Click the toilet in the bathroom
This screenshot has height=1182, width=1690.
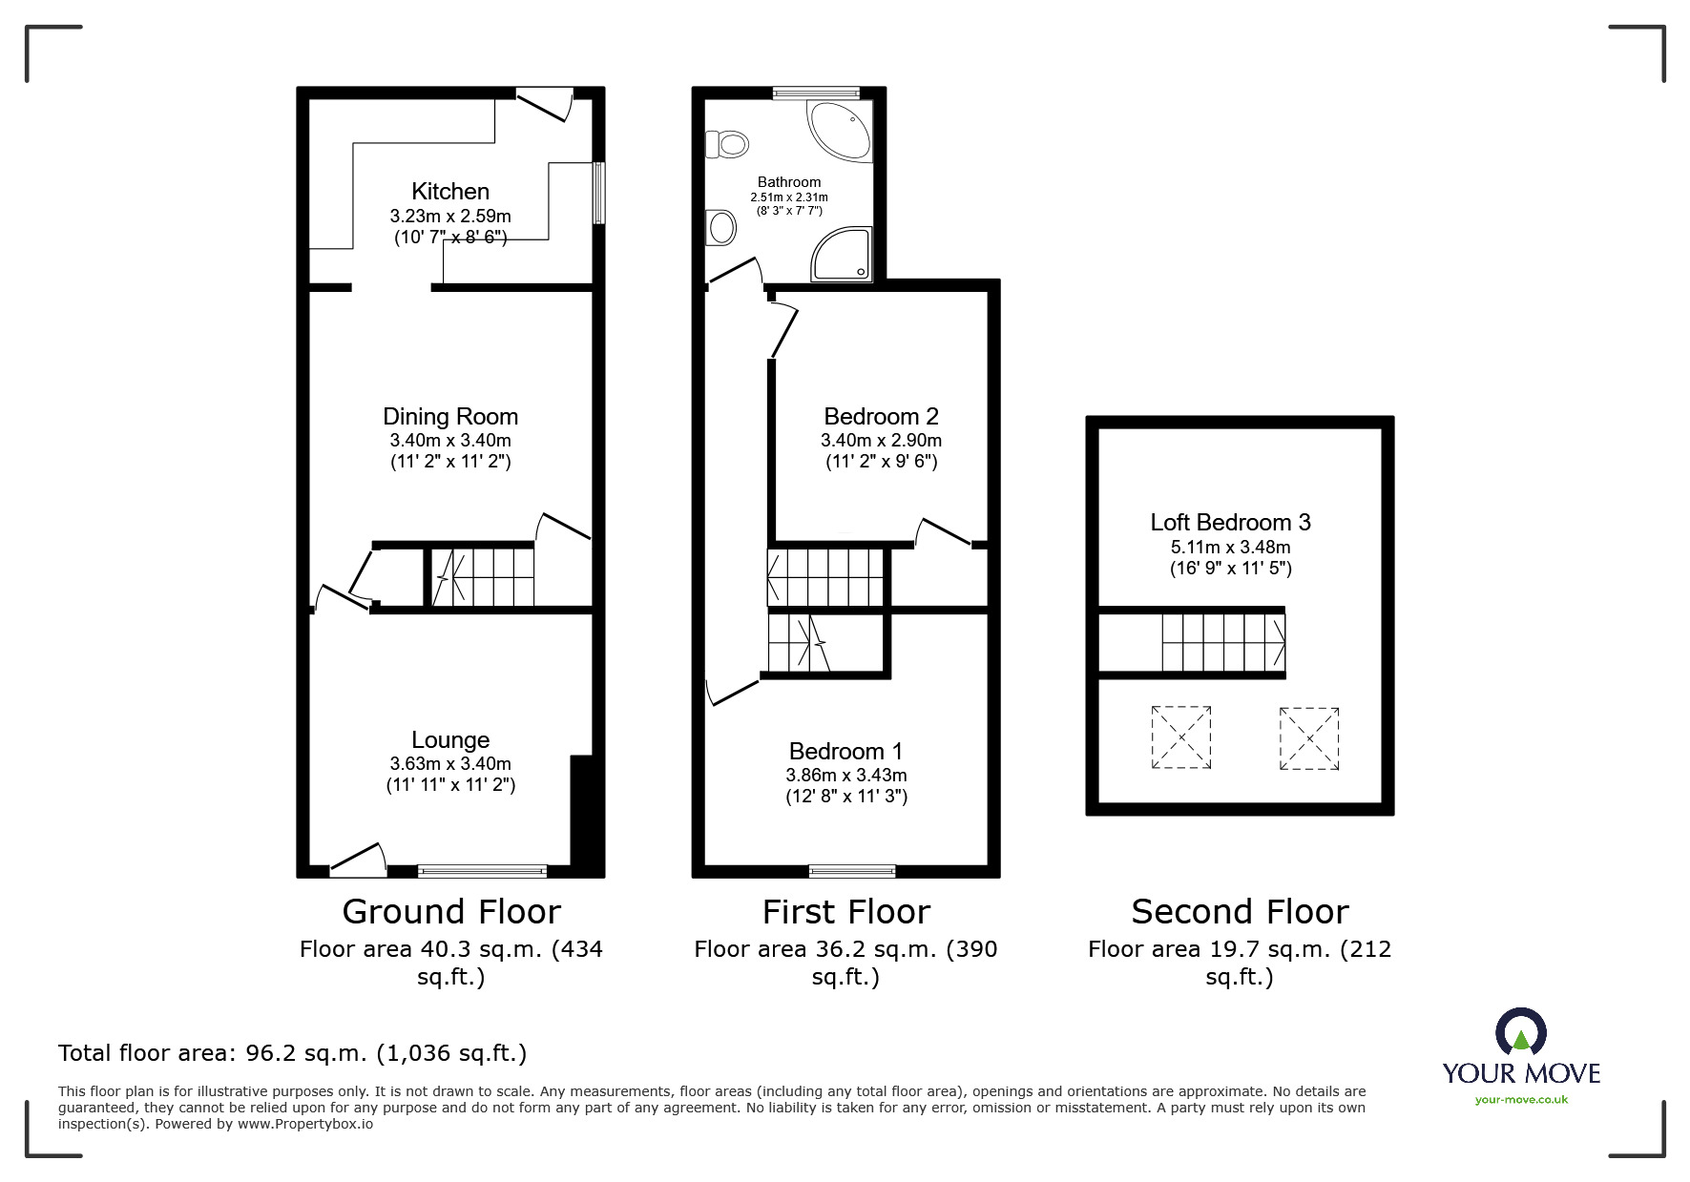point(726,145)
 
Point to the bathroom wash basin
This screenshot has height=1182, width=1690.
point(721,228)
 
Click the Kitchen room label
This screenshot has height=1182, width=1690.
point(450,191)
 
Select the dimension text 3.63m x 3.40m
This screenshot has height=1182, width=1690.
point(450,763)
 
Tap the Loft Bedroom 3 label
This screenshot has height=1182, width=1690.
point(1230,522)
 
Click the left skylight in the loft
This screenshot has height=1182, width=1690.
point(1181,737)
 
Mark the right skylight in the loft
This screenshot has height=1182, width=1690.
point(1309,737)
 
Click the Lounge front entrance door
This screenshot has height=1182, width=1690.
point(358,861)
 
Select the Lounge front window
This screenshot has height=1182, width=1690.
point(482,870)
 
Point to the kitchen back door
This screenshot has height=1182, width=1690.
point(544,103)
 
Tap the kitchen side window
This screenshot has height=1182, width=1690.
point(598,193)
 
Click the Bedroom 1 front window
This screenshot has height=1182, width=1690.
point(852,870)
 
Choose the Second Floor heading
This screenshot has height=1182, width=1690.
point(1240,912)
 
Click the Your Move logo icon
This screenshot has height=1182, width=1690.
point(1520,1032)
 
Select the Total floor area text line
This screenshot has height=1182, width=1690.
point(292,1053)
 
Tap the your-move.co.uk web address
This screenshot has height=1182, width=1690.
point(1521,1100)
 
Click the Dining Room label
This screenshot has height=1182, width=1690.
point(450,416)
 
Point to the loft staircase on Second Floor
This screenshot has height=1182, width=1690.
point(1222,642)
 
